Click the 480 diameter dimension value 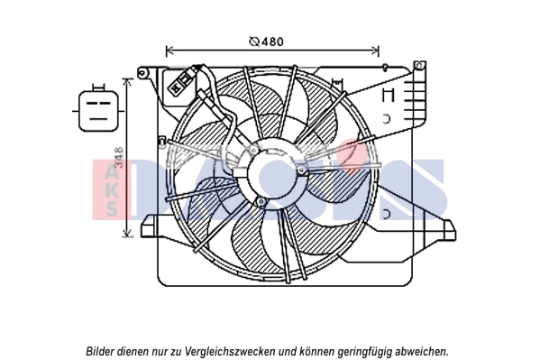(272, 42)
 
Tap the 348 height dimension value (119, 157)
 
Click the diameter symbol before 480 (254, 42)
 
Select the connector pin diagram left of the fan (98, 110)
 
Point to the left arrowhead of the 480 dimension (169, 51)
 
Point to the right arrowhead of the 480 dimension (375, 51)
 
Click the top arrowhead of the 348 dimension (127, 82)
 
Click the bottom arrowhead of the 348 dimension (127, 234)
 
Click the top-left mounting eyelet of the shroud (142, 73)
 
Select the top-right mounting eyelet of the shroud (419, 65)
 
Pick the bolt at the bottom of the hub (261, 202)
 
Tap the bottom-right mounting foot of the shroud (449, 230)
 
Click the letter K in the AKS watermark (111, 190)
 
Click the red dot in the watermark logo (352, 156)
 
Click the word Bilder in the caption (100, 351)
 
